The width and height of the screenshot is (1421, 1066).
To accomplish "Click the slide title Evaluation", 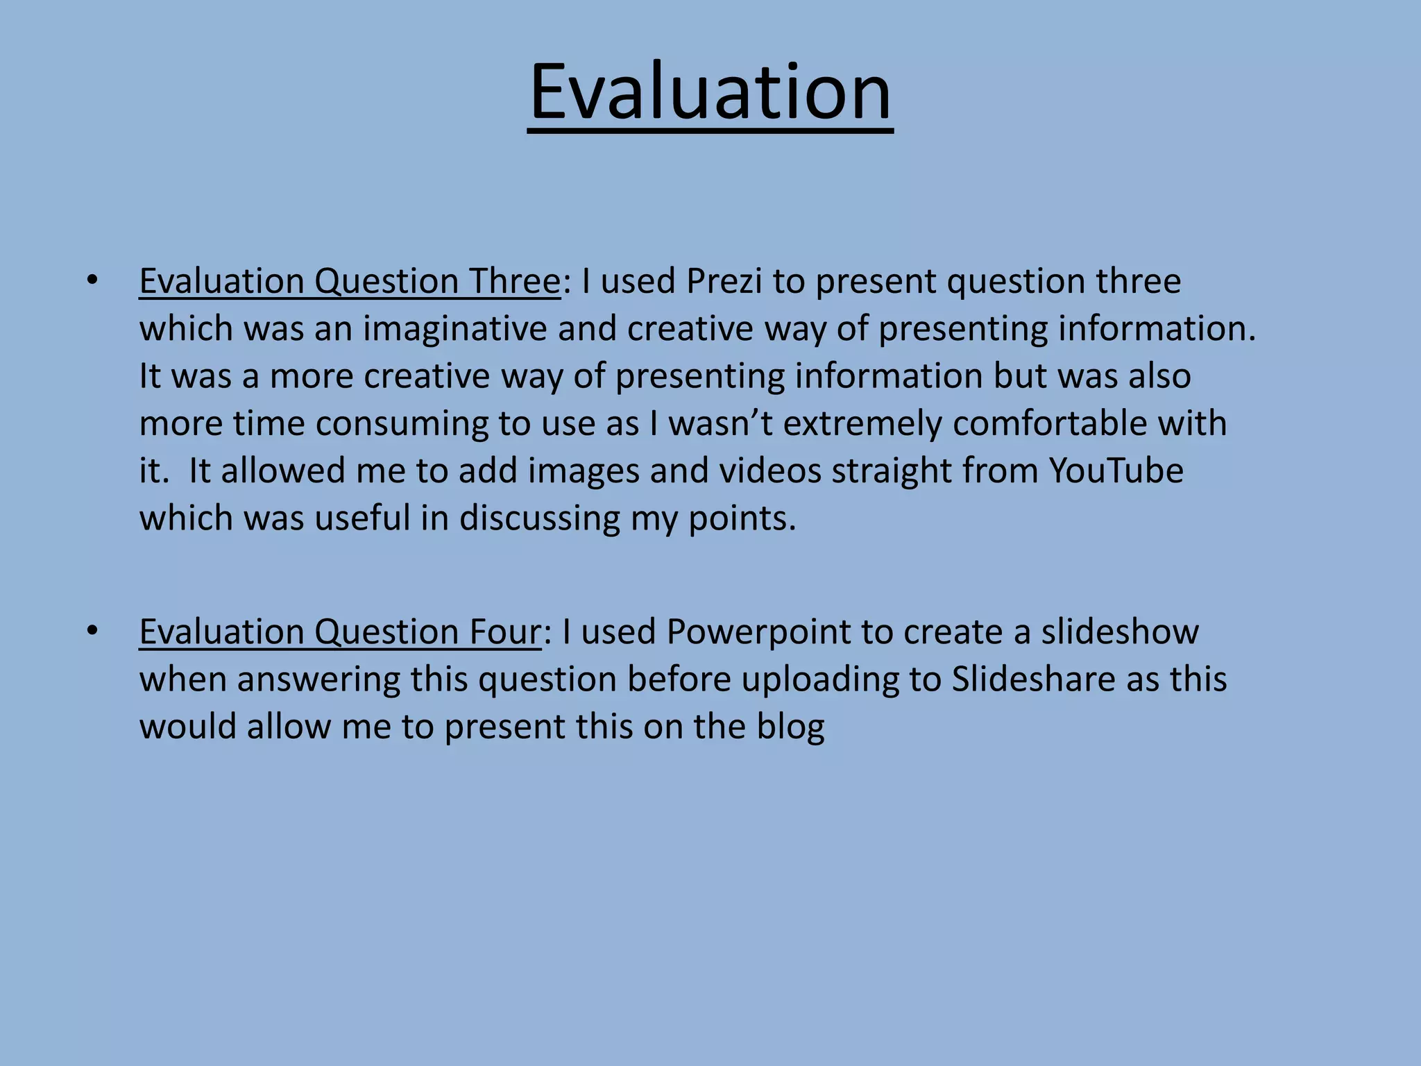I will click(x=710, y=92).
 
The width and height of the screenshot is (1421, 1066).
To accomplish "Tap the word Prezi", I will click(x=724, y=282).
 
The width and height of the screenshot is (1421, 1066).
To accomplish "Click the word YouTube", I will click(x=1115, y=471).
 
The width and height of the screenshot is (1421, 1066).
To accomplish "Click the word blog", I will click(x=790, y=727).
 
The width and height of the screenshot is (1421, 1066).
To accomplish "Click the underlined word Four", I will click(x=504, y=632).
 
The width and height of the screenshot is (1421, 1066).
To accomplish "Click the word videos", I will click(x=769, y=471).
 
